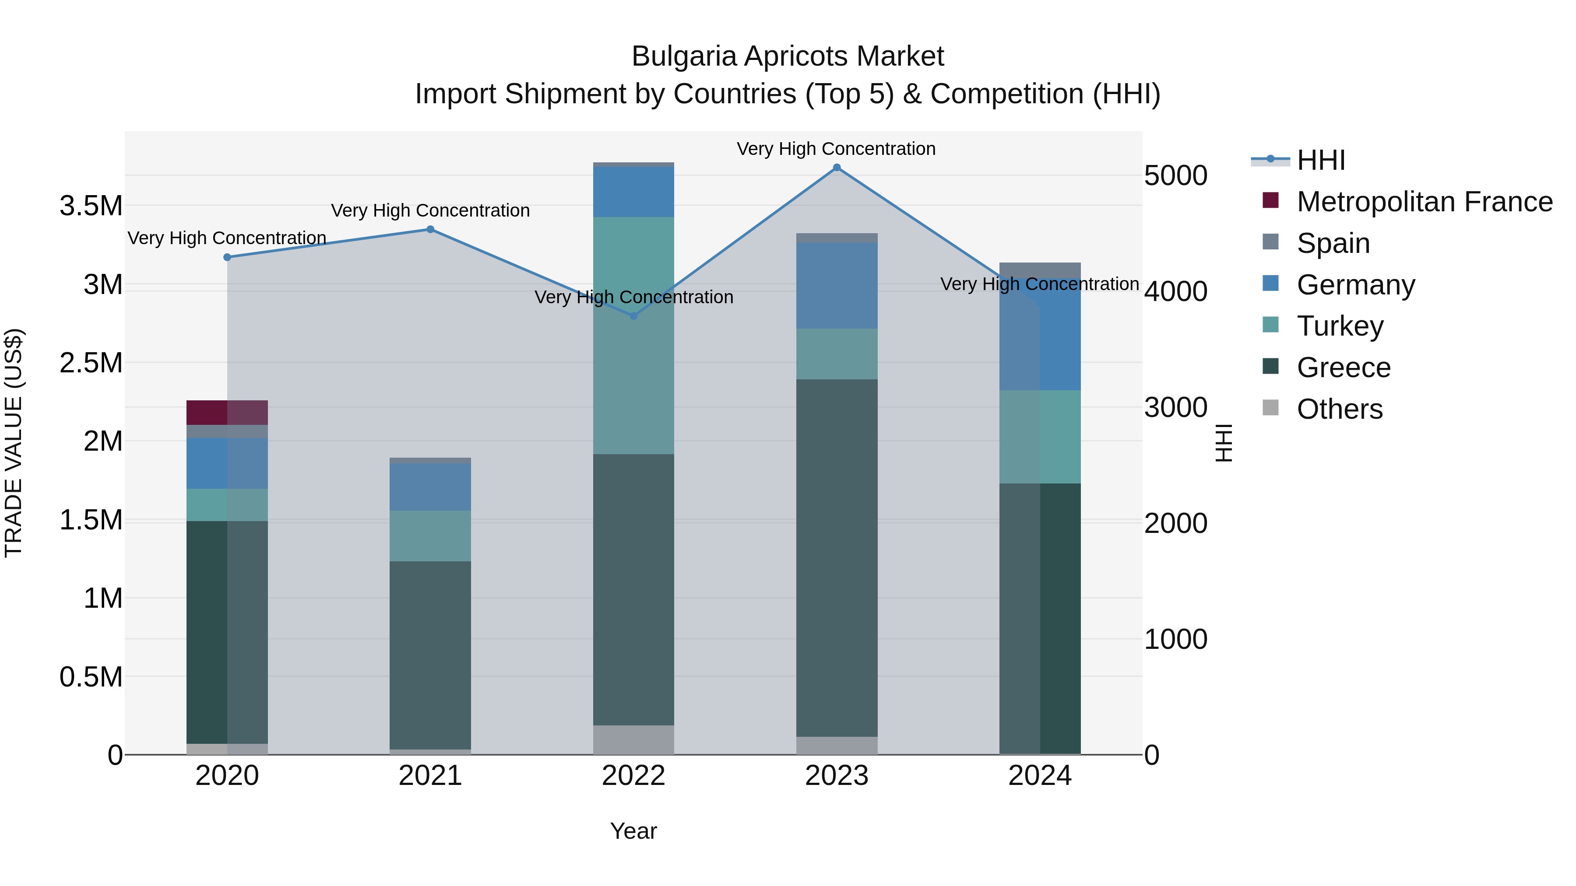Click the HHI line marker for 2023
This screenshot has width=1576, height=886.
pyautogui.click(x=836, y=168)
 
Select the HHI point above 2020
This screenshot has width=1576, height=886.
pyautogui.click(x=227, y=257)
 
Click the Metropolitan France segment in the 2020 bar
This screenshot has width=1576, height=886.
pyautogui.click(x=227, y=413)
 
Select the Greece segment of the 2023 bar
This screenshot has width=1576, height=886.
pyautogui.click(x=836, y=558)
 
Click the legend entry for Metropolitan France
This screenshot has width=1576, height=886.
pyautogui.click(x=1424, y=202)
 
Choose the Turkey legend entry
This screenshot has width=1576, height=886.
pyautogui.click(x=1340, y=326)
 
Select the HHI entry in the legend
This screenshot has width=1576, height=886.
pyautogui.click(x=1320, y=160)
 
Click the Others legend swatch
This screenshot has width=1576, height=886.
pyautogui.click(x=1271, y=408)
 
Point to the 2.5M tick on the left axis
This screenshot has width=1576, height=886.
pyautogui.click(x=91, y=363)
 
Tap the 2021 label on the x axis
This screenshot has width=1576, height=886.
pyautogui.click(x=430, y=776)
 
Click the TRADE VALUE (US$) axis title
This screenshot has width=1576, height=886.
pyautogui.click(x=14, y=443)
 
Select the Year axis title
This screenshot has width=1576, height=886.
pyautogui.click(x=633, y=831)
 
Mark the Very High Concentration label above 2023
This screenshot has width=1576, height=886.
pyautogui.click(x=836, y=149)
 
